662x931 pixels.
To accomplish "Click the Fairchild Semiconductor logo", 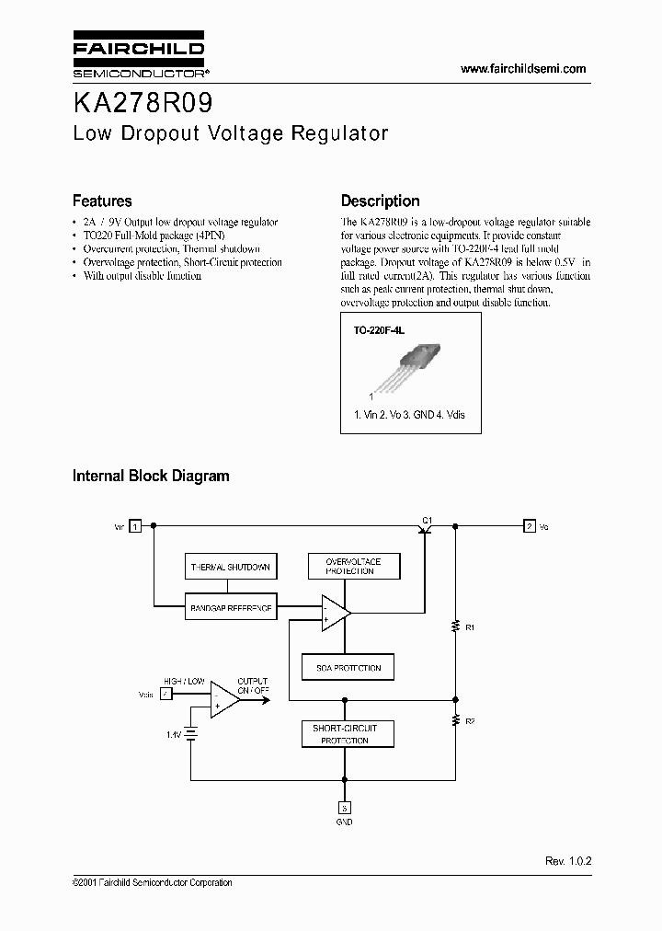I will click(138, 57).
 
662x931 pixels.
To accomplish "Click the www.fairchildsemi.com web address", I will click(522, 69).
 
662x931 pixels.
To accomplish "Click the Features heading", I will click(102, 201).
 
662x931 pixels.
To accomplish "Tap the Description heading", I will click(380, 201).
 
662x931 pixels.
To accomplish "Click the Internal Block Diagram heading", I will click(151, 476).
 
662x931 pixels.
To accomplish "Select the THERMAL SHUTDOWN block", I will click(229, 568).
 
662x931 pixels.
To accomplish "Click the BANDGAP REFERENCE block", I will click(229, 608).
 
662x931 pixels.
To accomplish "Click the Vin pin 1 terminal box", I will click(135, 526).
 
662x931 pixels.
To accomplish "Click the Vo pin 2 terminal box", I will click(529, 526).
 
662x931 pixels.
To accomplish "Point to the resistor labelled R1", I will click(454, 626).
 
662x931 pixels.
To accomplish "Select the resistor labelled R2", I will click(454, 720).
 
